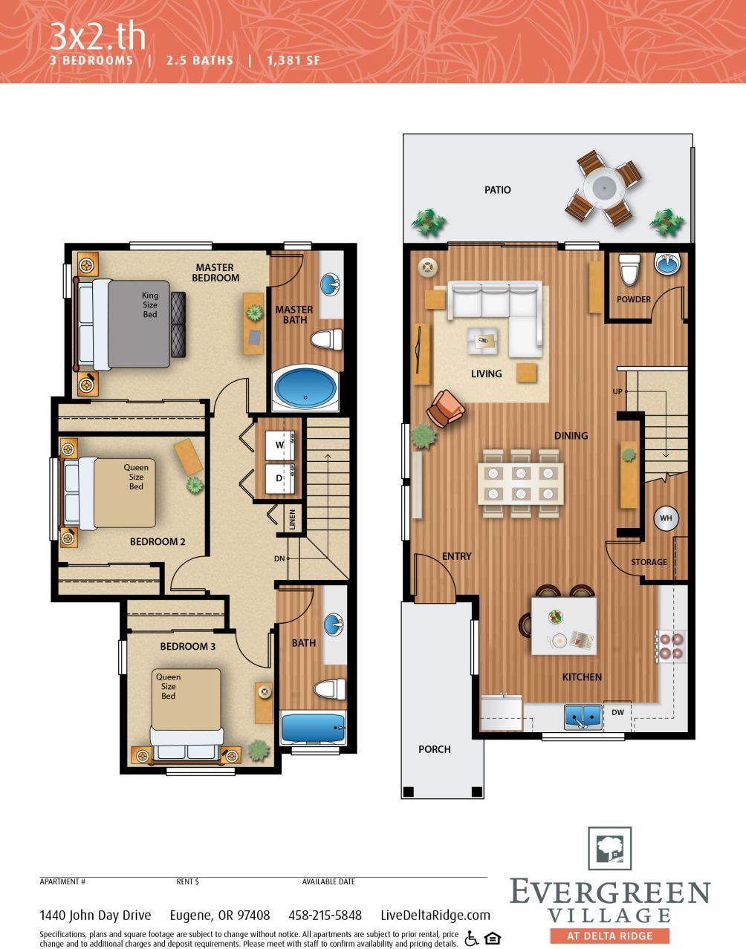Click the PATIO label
click(497, 190)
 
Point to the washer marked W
click(280, 445)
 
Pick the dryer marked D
click(280, 478)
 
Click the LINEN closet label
click(292, 520)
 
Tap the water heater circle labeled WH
click(665, 518)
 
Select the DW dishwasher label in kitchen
click(617, 712)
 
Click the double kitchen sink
click(583, 716)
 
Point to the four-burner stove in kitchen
click(670, 645)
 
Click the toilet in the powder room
click(629, 270)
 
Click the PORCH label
click(435, 749)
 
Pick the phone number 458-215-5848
click(325, 915)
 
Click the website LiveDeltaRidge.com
click(435, 915)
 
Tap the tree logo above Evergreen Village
click(609, 849)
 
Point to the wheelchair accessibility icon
click(471, 939)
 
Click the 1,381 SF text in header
click(293, 60)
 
